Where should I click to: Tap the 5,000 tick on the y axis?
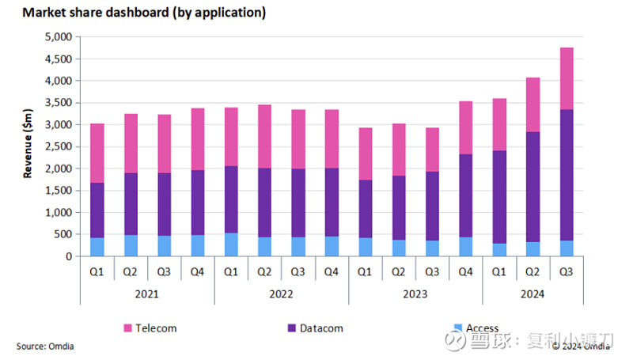[x=59, y=37]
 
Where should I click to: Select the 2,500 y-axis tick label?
[x=59, y=146]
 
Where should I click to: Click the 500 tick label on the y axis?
[x=65, y=235]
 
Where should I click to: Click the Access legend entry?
[x=482, y=328]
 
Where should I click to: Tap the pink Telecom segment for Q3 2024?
[x=567, y=78]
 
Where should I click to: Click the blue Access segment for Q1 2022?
[x=231, y=244]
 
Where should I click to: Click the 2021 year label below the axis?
[x=146, y=294]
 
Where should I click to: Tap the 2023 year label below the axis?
[x=415, y=294]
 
